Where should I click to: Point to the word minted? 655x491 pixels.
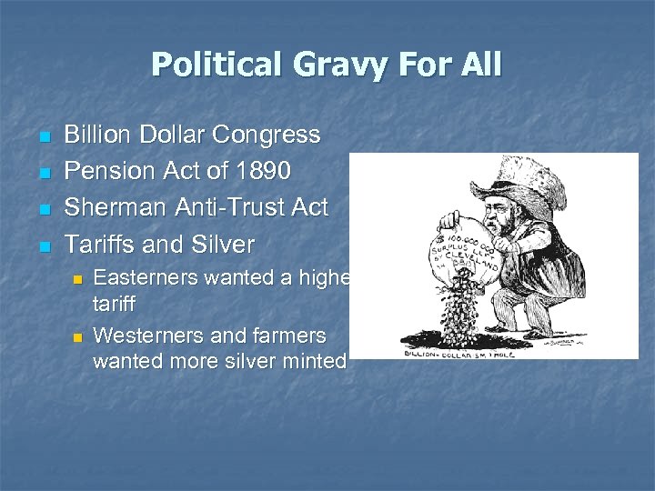(x=316, y=360)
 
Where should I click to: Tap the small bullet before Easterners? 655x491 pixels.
(x=77, y=278)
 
